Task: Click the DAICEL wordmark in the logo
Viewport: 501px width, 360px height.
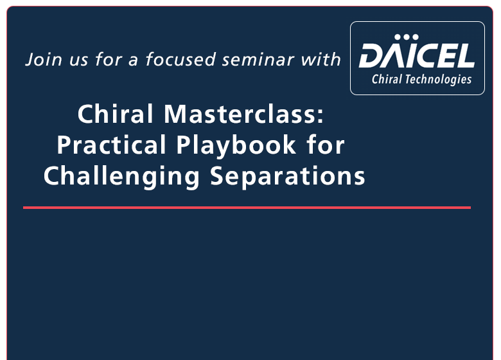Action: (417, 57)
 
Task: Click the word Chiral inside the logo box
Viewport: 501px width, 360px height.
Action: (387, 80)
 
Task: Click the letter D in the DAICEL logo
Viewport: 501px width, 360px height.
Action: (372, 57)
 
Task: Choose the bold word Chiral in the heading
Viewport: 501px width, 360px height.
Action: (116, 115)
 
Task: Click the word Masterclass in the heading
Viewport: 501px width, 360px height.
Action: (238, 115)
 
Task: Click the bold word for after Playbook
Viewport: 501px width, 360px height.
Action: (326, 145)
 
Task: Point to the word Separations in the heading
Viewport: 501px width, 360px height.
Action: (288, 176)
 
